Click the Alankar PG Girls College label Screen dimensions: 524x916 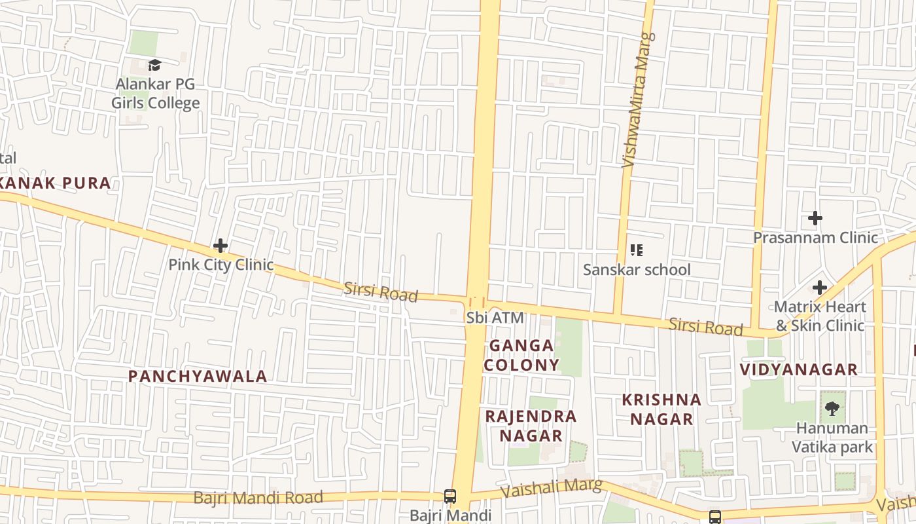point(155,94)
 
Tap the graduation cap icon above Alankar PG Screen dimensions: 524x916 point(154,65)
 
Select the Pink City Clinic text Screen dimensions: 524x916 point(220,265)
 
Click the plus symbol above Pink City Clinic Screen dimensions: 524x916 point(220,246)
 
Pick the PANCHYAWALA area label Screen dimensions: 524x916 point(198,377)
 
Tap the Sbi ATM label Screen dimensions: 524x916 point(495,318)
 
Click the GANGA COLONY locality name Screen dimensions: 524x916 point(521,355)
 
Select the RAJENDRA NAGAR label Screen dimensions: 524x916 point(531,426)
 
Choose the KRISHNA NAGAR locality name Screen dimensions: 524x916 point(661,409)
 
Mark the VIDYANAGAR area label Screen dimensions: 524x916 point(799,369)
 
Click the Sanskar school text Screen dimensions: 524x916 point(637,269)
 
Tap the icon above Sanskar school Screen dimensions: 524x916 point(636,250)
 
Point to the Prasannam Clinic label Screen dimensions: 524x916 point(815,237)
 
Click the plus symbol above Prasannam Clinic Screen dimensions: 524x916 point(815,218)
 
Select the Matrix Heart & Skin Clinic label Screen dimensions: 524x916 point(820,316)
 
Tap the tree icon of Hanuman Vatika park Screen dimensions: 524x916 point(832,409)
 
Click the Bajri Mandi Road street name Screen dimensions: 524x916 point(258,498)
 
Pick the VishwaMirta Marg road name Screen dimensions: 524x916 point(637,100)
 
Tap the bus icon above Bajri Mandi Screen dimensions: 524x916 point(450,496)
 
